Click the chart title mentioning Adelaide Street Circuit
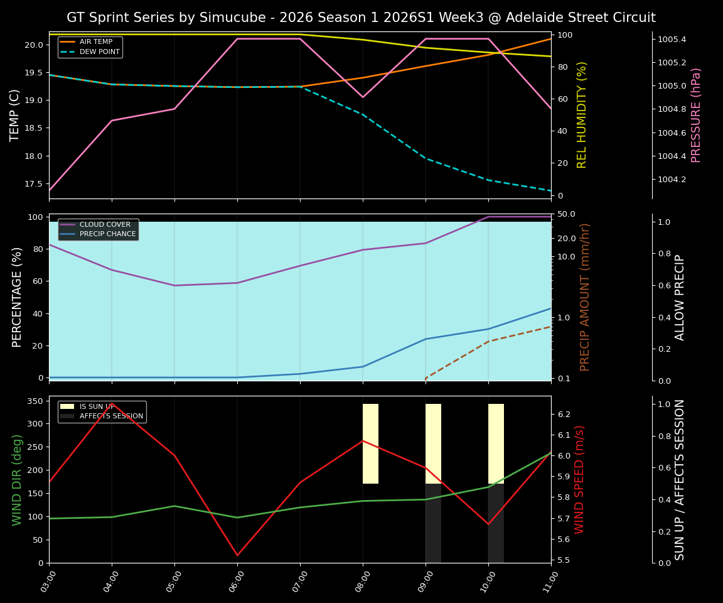(x=361, y=18)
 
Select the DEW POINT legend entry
(x=99, y=52)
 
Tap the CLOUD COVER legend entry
(x=105, y=224)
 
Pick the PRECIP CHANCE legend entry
(x=107, y=234)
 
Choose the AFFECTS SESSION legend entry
(x=111, y=416)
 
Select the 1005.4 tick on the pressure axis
(x=672, y=40)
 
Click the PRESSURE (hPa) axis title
(x=696, y=115)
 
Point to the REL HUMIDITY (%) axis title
(x=582, y=115)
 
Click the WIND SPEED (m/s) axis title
(x=579, y=479)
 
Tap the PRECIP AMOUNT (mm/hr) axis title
(x=585, y=297)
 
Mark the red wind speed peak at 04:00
(x=112, y=403)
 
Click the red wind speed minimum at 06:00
(x=237, y=555)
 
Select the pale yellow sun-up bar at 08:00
(x=370, y=443)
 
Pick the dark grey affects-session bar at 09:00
(x=433, y=523)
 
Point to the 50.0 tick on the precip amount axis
(x=567, y=214)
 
